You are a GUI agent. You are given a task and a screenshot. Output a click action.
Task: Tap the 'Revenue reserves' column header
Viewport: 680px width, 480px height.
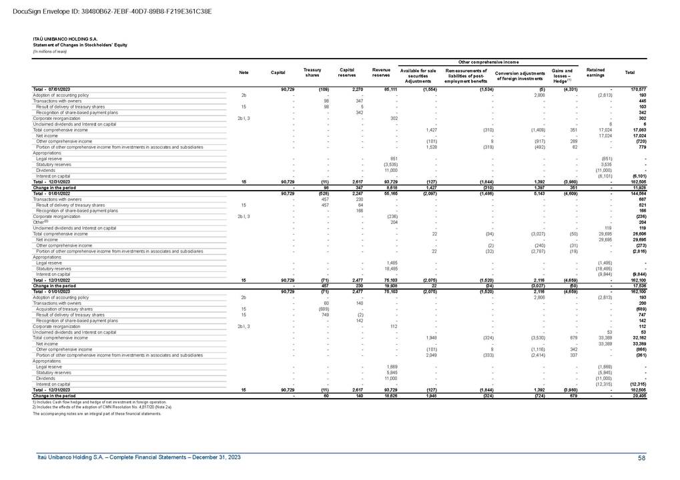tap(381, 71)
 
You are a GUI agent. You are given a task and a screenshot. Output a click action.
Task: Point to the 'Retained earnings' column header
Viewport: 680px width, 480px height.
tap(595, 71)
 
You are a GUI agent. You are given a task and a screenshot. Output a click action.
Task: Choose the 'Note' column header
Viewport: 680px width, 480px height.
tap(244, 72)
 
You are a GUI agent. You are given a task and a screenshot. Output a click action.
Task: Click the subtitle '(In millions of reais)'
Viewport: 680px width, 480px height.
tap(50, 51)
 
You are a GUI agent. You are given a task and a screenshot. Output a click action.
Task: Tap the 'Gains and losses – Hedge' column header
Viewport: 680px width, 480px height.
tap(562, 75)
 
